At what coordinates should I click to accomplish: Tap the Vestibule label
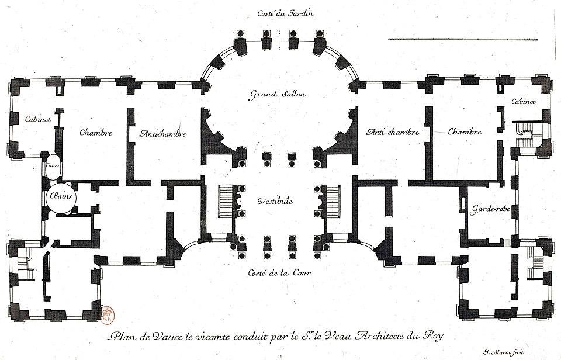(x=274, y=201)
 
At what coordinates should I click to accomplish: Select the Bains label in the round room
(x=61, y=197)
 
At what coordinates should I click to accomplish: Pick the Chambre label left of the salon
(x=96, y=132)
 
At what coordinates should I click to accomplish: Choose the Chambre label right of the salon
(x=465, y=131)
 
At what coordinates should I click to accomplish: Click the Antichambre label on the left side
(x=163, y=134)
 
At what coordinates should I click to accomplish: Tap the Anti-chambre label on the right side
(x=393, y=132)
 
